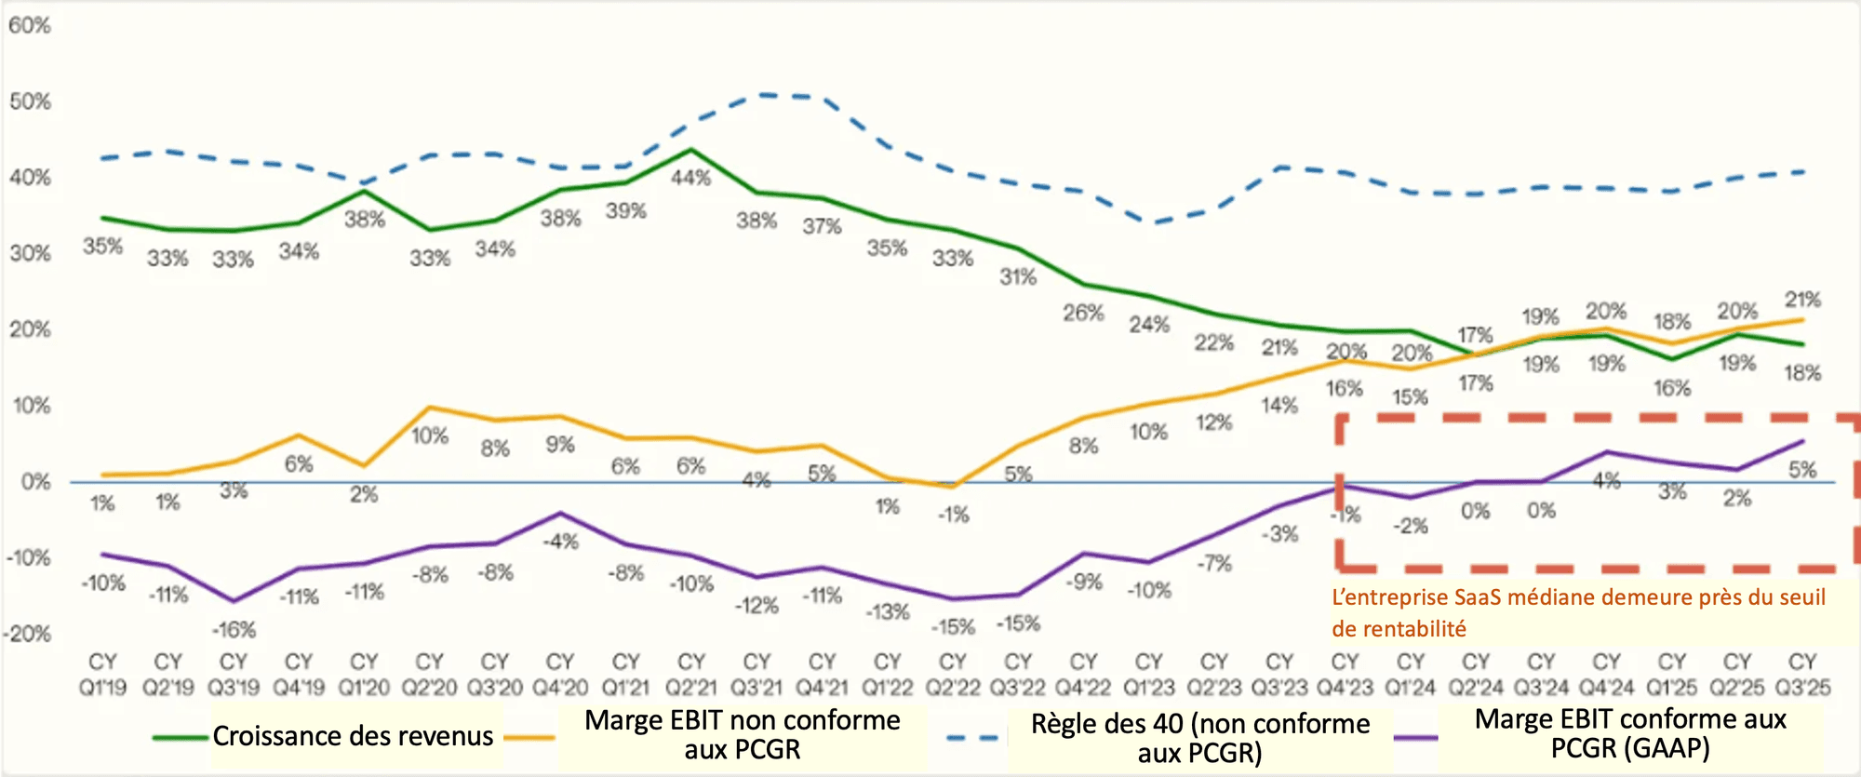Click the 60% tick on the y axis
tap(30, 25)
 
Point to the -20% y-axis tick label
tap(27, 635)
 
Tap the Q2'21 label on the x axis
tap(690, 676)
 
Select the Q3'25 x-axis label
tap(1802, 676)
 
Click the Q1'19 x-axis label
tap(102, 676)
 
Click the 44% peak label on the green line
tap(690, 178)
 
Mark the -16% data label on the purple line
tap(233, 630)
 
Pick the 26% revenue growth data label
tap(1083, 313)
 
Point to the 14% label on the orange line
tap(1279, 406)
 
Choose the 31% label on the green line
tap(1018, 276)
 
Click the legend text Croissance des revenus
tap(353, 736)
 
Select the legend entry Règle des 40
tap(1199, 737)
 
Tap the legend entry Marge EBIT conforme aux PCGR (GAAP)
tap(1630, 733)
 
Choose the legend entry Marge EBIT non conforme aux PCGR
tap(742, 734)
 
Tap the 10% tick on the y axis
tap(30, 406)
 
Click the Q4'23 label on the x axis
tap(1345, 676)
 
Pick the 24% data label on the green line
tap(1149, 325)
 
